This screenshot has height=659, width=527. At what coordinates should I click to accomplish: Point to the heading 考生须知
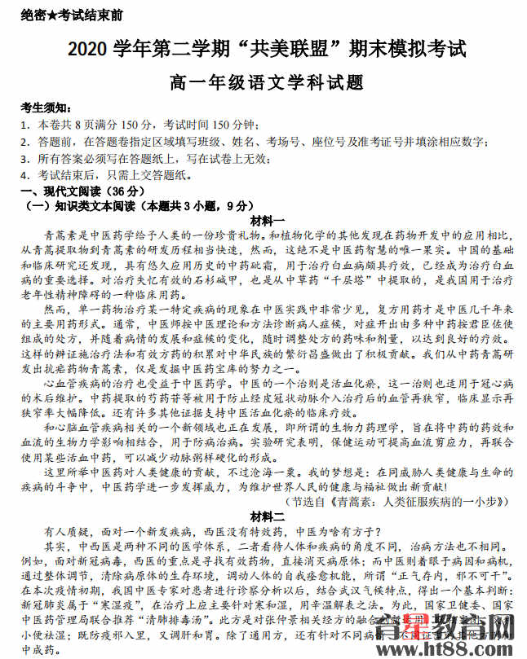point(45,109)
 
